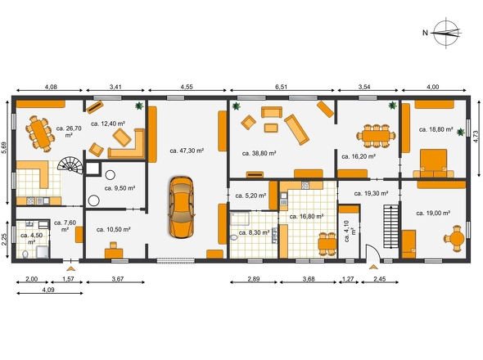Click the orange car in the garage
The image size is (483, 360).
pyautogui.click(x=182, y=207)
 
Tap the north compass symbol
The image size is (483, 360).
pyautogui.click(x=445, y=33)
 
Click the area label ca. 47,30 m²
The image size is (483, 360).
pyautogui.click(x=187, y=151)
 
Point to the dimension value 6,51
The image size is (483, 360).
pyautogui.click(x=281, y=87)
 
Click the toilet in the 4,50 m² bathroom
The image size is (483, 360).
pyautogui.click(x=25, y=254)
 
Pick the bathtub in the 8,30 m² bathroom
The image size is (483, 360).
pyautogui.click(x=241, y=218)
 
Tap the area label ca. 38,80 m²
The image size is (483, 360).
pyautogui.click(x=259, y=153)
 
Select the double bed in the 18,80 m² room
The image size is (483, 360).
pyautogui.click(x=434, y=163)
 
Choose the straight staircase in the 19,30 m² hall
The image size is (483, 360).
pyautogui.click(x=390, y=227)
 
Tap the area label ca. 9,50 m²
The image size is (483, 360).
pyautogui.click(x=120, y=188)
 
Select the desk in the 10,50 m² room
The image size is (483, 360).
pyautogui.click(x=114, y=250)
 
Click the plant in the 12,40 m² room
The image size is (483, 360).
pyautogui.click(x=139, y=106)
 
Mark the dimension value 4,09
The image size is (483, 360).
pyautogui.click(x=48, y=290)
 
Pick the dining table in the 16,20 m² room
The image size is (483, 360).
pyautogui.click(x=376, y=136)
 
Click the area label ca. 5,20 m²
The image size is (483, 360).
pyautogui.click(x=251, y=196)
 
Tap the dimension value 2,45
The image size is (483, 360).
pyautogui.click(x=380, y=279)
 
